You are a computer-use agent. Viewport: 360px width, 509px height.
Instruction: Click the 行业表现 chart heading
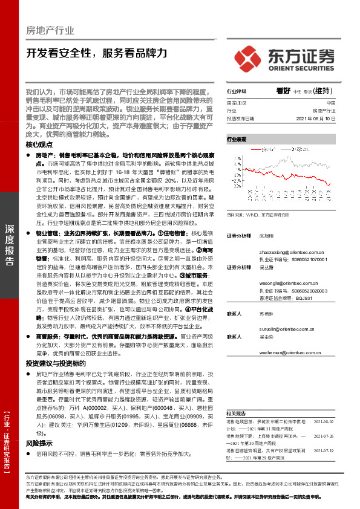[x=237, y=138]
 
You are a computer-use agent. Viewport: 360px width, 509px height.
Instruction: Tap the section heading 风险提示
[x=39, y=443]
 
